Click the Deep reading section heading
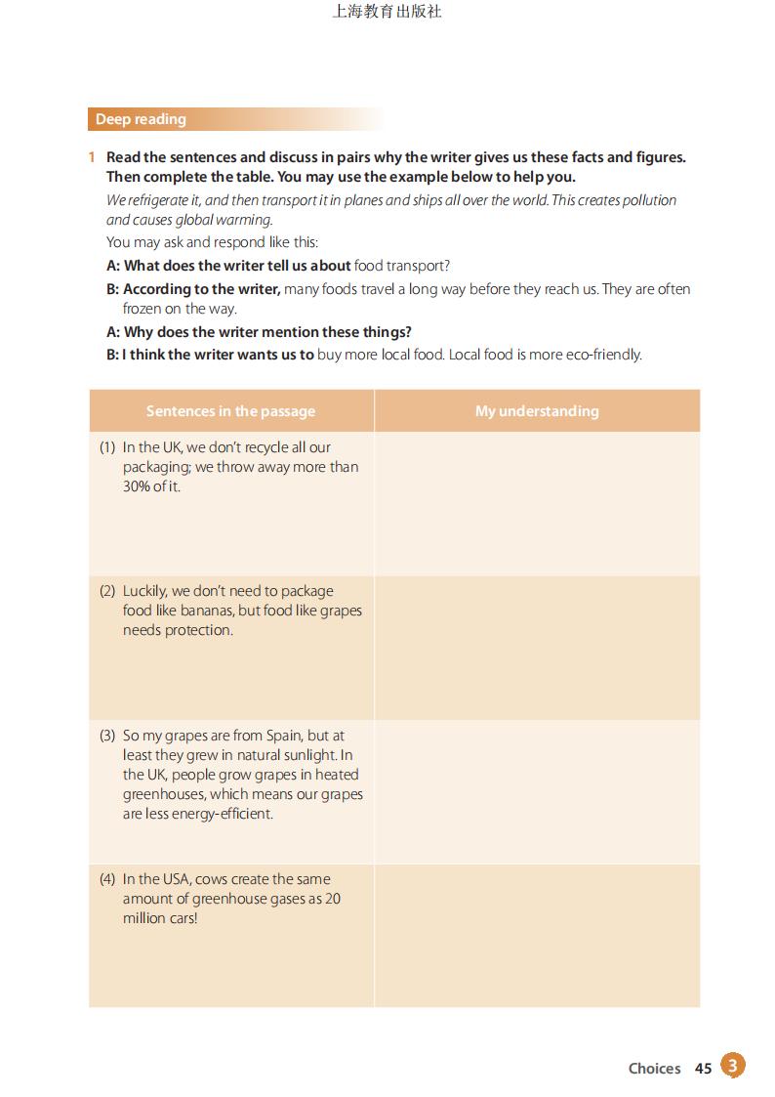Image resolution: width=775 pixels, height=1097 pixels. coord(141,119)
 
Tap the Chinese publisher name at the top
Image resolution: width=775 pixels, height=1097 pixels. coord(387,12)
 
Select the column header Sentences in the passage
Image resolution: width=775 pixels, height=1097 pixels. coord(230,411)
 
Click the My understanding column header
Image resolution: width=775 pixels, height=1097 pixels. coord(537,411)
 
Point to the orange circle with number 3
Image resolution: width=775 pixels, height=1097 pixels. coord(733,1065)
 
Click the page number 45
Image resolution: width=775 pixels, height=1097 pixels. coord(703,1069)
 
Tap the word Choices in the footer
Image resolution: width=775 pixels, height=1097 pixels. coord(654,1069)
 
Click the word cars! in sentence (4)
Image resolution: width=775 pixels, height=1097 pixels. coord(179,918)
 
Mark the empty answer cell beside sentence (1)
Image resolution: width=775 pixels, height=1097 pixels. coord(537,503)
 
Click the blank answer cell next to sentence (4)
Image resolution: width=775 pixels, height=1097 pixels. coord(537,935)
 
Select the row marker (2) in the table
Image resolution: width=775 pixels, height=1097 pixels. coord(107,591)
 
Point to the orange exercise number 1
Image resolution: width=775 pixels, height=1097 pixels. coord(91,157)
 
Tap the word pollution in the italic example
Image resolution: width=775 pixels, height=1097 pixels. coord(646,200)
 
